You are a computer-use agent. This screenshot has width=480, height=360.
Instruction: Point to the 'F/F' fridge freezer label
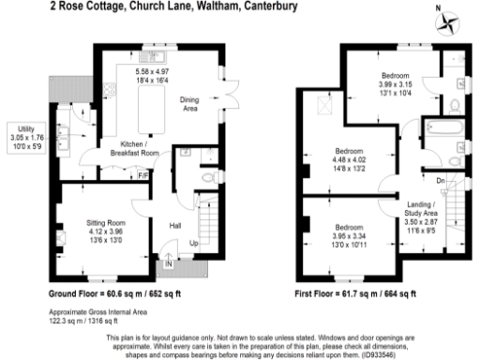coord(142,174)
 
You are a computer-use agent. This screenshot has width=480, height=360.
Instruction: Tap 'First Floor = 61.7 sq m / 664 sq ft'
coord(362,292)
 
